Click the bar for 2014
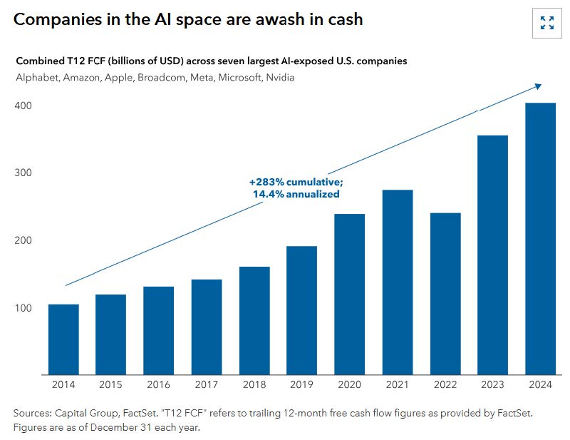(63, 339)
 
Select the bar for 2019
(301, 310)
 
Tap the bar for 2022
(445, 294)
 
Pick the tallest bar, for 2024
(540, 239)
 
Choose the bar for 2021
(397, 282)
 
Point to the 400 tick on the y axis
(24, 106)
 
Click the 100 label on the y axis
(24, 308)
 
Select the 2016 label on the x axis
(159, 384)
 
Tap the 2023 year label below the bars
(492, 384)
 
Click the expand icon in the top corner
(546, 23)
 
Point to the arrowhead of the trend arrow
(539, 86)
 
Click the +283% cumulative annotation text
(296, 183)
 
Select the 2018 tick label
(254, 384)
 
